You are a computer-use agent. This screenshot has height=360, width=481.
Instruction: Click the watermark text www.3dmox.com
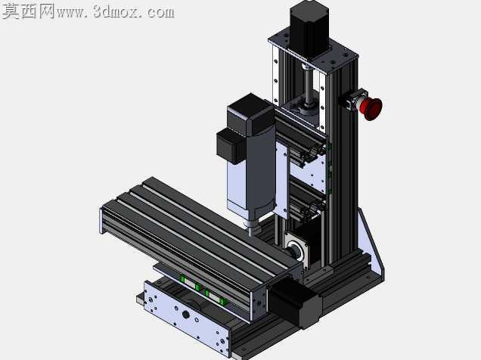[116, 12]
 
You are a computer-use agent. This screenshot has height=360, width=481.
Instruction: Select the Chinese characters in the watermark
[29, 11]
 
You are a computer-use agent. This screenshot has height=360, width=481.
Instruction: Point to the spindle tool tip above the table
[251, 232]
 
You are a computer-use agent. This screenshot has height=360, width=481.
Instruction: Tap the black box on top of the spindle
[250, 114]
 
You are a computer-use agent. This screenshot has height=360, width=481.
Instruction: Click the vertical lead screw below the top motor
[308, 86]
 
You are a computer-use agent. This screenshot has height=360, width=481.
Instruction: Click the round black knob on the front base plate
[185, 315]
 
